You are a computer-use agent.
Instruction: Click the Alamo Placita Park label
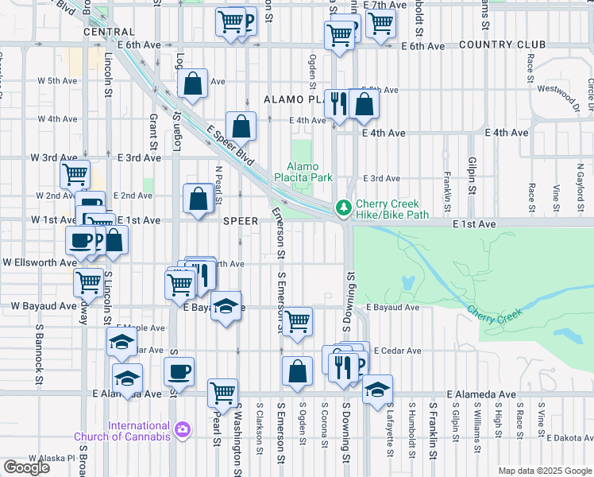(x=303, y=173)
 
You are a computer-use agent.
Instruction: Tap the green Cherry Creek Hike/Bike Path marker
(x=343, y=207)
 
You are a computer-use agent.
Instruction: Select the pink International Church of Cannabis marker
(x=183, y=429)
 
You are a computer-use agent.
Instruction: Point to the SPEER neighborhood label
(x=240, y=220)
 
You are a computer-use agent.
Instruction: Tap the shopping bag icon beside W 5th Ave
(x=193, y=83)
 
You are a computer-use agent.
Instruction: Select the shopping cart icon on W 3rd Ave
(x=75, y=173)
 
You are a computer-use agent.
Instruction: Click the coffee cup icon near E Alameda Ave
(x=179, y=370)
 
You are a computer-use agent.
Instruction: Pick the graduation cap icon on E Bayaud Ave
(x=226, y=307)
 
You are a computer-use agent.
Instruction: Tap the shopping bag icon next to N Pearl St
(x=198, y=199)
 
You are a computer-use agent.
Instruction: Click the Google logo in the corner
(x=26, y=467)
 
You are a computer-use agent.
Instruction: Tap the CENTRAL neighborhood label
(x=108, y=33)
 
